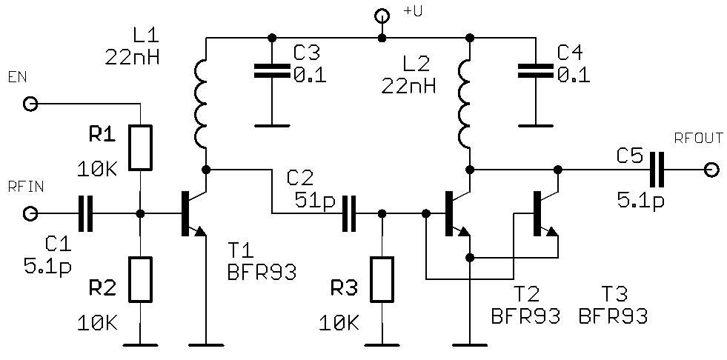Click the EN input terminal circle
[30, 104]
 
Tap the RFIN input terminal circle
[30, 214]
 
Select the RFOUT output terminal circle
[712, 170]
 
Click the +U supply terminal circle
[382, 16]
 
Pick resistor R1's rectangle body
[140, 147]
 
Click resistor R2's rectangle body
[140, 279]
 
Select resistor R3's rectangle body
[382, 279]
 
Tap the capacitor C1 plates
[86, 214]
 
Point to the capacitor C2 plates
[349, 214]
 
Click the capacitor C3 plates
[272, 71]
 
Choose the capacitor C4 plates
[535, 71]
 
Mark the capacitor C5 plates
[656, 170]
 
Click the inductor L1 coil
[204, 104]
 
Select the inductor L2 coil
[468, 104]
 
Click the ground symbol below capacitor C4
[535, 124]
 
